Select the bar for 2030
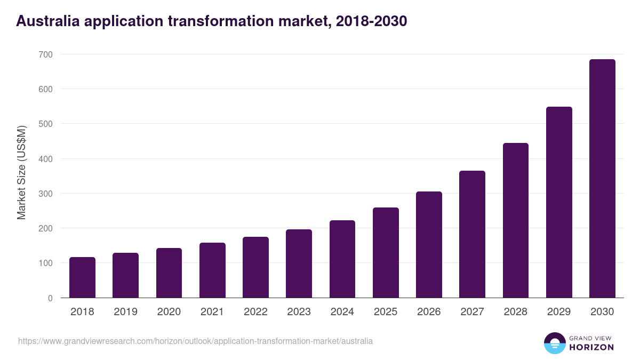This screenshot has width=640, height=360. point(602,179)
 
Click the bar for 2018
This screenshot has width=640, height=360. point(82,277)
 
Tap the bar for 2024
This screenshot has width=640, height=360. point(342,259)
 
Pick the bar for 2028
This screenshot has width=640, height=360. point(516,220)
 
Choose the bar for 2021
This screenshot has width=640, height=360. point(212,270)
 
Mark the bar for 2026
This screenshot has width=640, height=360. point(429,245)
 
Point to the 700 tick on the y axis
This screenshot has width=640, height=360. point(45,54)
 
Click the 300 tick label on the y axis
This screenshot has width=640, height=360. point(45,194)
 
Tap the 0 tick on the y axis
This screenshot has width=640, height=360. point(50,298)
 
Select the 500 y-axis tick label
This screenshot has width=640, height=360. point(45,124)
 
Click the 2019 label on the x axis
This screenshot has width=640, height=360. point(125,312)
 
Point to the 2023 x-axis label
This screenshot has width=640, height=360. point(299,312)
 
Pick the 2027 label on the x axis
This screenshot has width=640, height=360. point(472,312)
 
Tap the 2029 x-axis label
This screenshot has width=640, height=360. point(559,312)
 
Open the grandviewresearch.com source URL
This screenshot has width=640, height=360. point(195,341)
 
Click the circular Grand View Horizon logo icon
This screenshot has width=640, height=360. point(555,343)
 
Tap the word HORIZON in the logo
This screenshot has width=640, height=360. point(591,347)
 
